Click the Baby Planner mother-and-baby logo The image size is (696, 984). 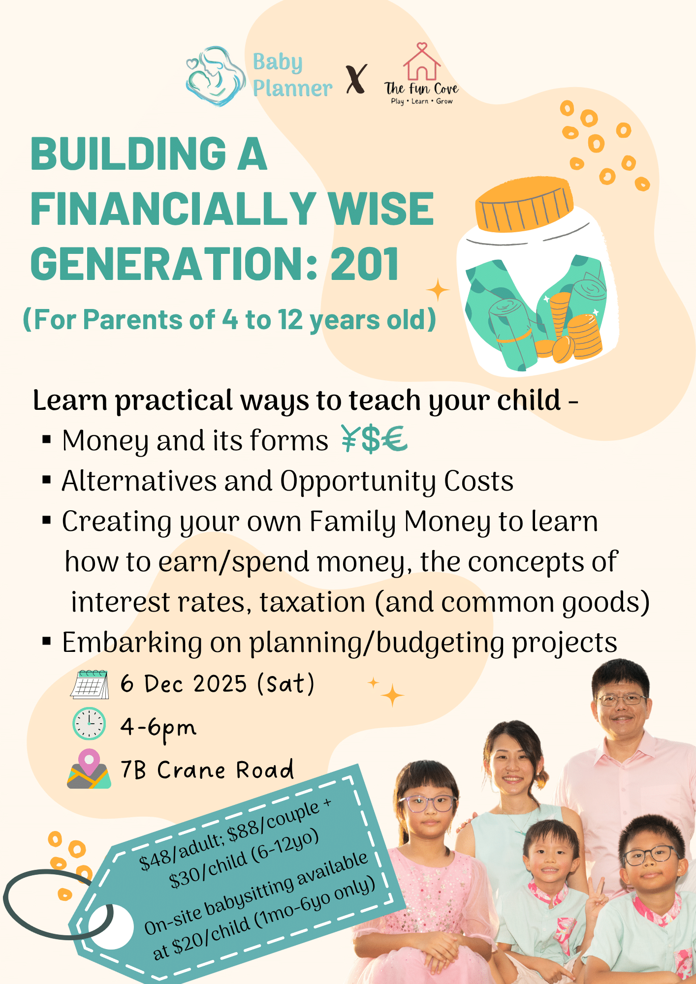click(x=216, y=76)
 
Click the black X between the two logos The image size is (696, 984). click(x=356, y=79)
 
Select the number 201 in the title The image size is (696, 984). click(x=364, y=264)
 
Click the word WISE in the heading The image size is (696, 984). click(x=381, y=209)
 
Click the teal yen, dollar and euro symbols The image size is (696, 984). click(x=374, y=439)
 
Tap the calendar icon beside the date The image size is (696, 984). click(x=90, y=684)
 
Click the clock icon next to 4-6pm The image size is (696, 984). click(x=89, y=724)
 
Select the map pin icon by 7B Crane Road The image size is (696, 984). click(x=89, y=769)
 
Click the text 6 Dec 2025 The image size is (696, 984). click(x=184, y=684)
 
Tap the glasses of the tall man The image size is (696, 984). click(x=621, y=699)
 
